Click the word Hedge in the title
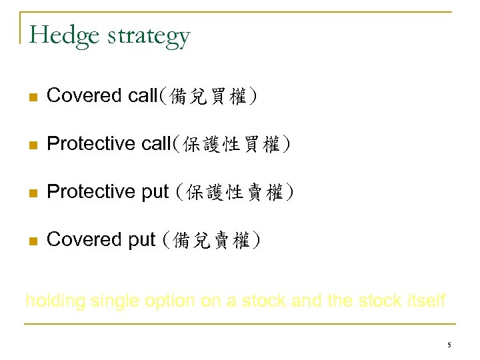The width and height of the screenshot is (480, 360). click(x=61, y=35)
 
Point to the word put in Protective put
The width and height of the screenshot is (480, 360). click(x=155, y=193)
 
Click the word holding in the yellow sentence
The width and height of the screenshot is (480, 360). click(x=55, y=301)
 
